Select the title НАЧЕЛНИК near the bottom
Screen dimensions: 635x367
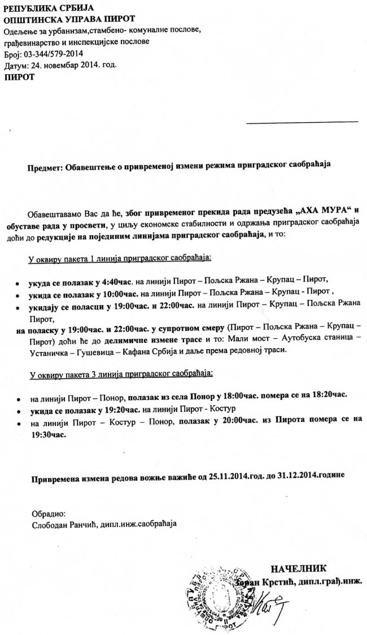(x=299, y=568)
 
